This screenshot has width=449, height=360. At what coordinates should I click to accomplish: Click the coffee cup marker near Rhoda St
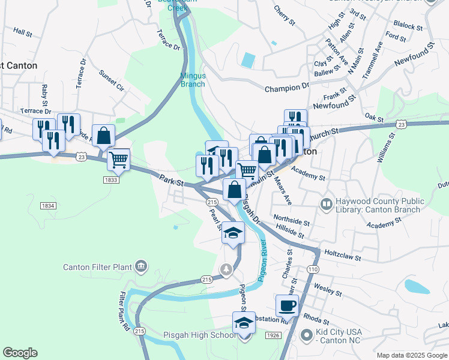pyautogui.click(x=287, y=305)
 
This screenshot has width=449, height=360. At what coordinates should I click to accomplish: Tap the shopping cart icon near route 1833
pyautogui.click(x=119, y=160)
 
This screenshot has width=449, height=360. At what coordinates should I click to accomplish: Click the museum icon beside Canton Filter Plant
pyautogui.click(x=141, y=265)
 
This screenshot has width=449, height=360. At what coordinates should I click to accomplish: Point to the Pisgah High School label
pyautogui.click(x=200, y=335)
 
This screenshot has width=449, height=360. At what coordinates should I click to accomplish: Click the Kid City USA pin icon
pyautogui.click(x=307, y=335)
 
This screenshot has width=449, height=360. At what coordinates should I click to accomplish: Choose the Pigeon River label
pyautogui.click(x=262, y=262)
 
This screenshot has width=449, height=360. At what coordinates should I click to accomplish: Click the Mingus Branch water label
pyautogui.click(x=193, y=80)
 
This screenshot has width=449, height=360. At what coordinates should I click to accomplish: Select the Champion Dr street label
pyautogui.click(x=287, y=88)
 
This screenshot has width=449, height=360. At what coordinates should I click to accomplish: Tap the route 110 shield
pyautogui.click(x=312, y=269)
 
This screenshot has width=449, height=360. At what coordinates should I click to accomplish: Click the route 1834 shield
pyautogui.click(x=49, y=206)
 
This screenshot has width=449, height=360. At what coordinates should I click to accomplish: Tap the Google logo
pyautogui.click(x=20, y=352)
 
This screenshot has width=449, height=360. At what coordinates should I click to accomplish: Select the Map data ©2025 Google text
pyautogui.click(x=411, y=355)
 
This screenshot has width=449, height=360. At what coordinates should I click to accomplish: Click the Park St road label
pyautogui.click(x=171, y=178)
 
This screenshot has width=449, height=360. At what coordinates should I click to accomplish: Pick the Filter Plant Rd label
pyautogui.click(x=124, y=311)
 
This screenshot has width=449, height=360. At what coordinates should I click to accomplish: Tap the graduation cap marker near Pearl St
pyautogui.click(x=233, y=233)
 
